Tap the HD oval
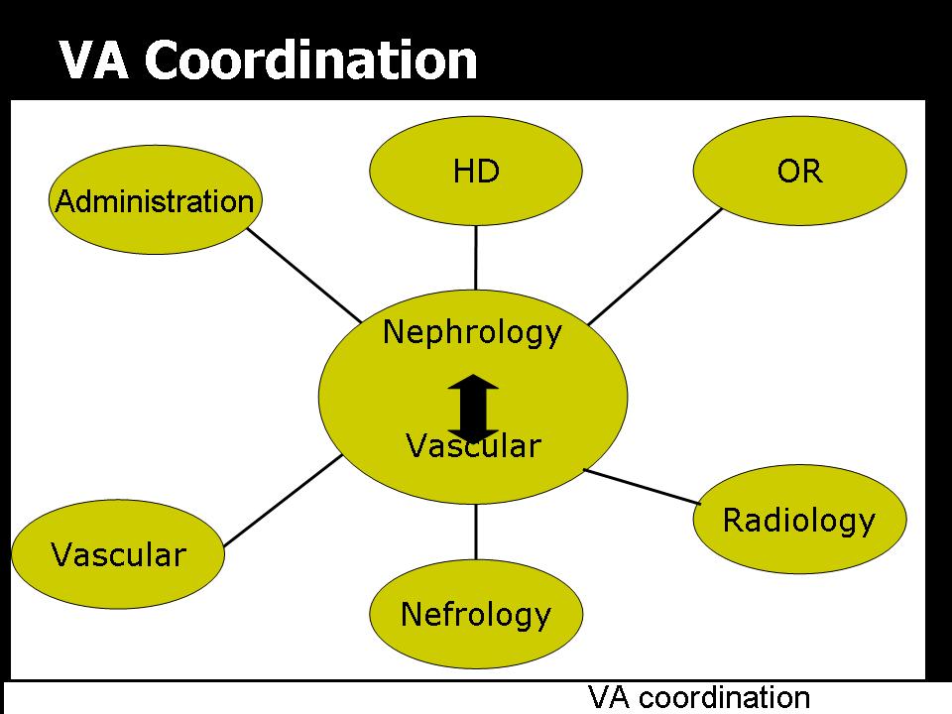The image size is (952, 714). [x=476, y=171]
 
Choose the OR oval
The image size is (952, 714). [x=799, y=171]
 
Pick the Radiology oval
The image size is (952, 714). [x=799, y=521]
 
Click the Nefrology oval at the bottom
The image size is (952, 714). [x=476, y=615]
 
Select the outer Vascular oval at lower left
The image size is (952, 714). [x=118, y=553]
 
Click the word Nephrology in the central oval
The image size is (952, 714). [x=472, y=332]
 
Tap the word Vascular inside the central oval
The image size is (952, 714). [x=473, y=446]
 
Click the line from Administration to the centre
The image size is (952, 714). [x=304, y=276]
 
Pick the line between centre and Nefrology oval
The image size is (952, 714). [x=476, y=533]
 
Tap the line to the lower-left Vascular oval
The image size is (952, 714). [x=285, y=501]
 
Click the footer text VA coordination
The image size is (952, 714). [x=699, y=697]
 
